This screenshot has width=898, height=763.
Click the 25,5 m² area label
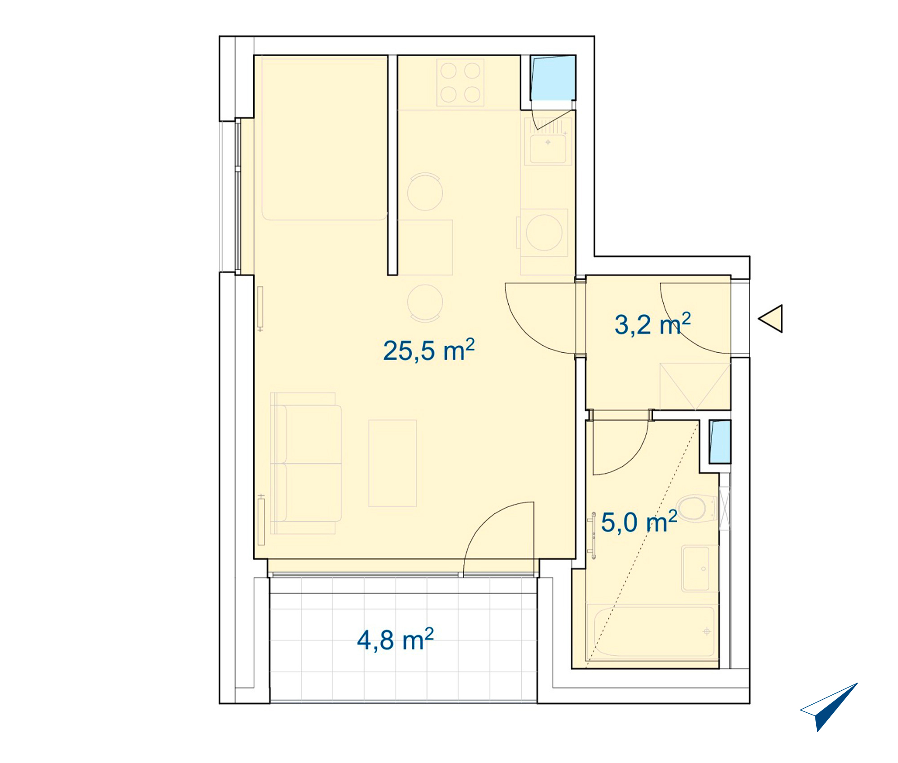[429, 351]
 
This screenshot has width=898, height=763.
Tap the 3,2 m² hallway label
[652, 324]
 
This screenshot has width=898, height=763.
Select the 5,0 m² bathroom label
[639, 522]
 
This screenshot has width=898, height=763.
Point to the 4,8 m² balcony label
[395, 640]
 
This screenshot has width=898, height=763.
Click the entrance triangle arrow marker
[770, 319]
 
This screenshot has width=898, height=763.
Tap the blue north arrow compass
[829, 707]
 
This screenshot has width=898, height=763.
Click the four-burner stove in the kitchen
[460, 83]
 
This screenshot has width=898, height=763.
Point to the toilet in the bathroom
[697, 509]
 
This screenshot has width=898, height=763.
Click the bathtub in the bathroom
[654, 631]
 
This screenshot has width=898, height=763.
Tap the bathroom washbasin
[696, 569]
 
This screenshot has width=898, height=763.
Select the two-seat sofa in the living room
[306, 463]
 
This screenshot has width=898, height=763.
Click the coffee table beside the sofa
[392, 463]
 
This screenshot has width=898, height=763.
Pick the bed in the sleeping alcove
[325, 138]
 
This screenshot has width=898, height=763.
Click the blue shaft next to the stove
[553, 78]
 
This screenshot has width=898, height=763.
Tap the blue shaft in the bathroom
[720, 442]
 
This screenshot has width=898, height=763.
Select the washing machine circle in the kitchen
[544, 232]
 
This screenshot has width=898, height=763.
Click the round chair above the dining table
[425, 192]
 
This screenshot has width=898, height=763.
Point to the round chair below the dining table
[425, 303]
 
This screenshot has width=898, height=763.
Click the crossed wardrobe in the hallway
[695, 386]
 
